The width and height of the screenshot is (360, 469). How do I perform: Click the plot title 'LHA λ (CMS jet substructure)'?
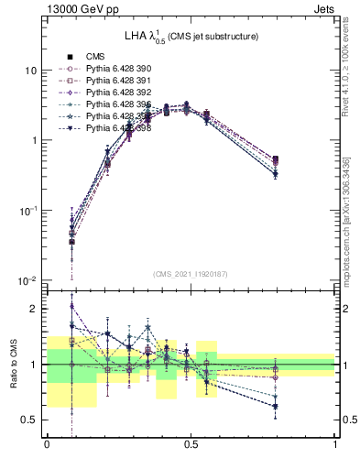[x=191, y=36]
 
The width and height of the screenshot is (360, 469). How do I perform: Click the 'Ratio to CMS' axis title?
[x=12, y=365]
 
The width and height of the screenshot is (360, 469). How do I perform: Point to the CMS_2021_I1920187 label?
[x=191, y=274]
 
